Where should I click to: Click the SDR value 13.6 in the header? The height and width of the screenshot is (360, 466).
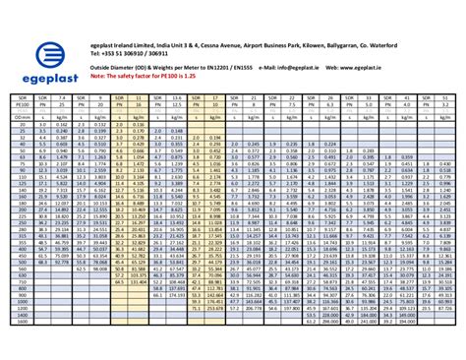(177, 99)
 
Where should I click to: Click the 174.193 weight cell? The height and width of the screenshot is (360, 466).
(178, 294)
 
